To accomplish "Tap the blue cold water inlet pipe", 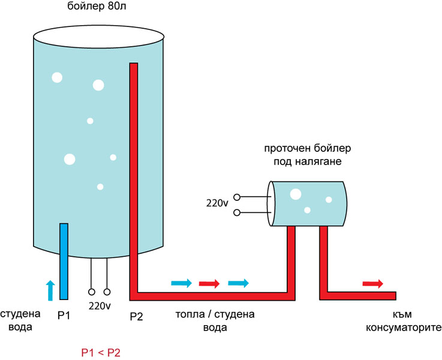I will [x=64, y=258].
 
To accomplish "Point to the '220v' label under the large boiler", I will [x=100, y=306].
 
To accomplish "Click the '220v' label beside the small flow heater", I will [x=217, y=204].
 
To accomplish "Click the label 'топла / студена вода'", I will [x=215, y=321].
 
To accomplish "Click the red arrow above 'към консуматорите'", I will [x=372, y=283].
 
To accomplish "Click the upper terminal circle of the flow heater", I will [x=237, y=197].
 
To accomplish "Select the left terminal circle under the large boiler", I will [x=92, y=292].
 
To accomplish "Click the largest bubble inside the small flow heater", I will [x=295, y=194].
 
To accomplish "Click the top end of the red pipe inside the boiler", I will [x=134, y=66].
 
